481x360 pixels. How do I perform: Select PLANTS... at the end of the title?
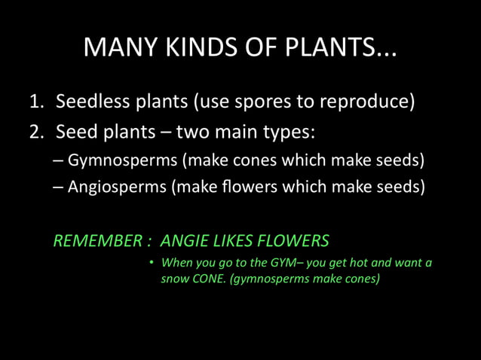(339, 48)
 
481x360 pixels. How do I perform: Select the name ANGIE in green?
(183, 241)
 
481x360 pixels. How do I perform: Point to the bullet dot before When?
(151, 263)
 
